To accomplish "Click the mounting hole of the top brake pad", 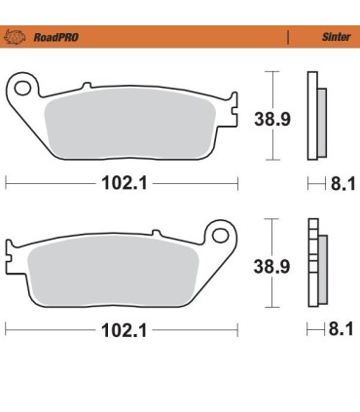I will click(x=21, y=89).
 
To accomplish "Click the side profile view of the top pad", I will click(x=314, y=114).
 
